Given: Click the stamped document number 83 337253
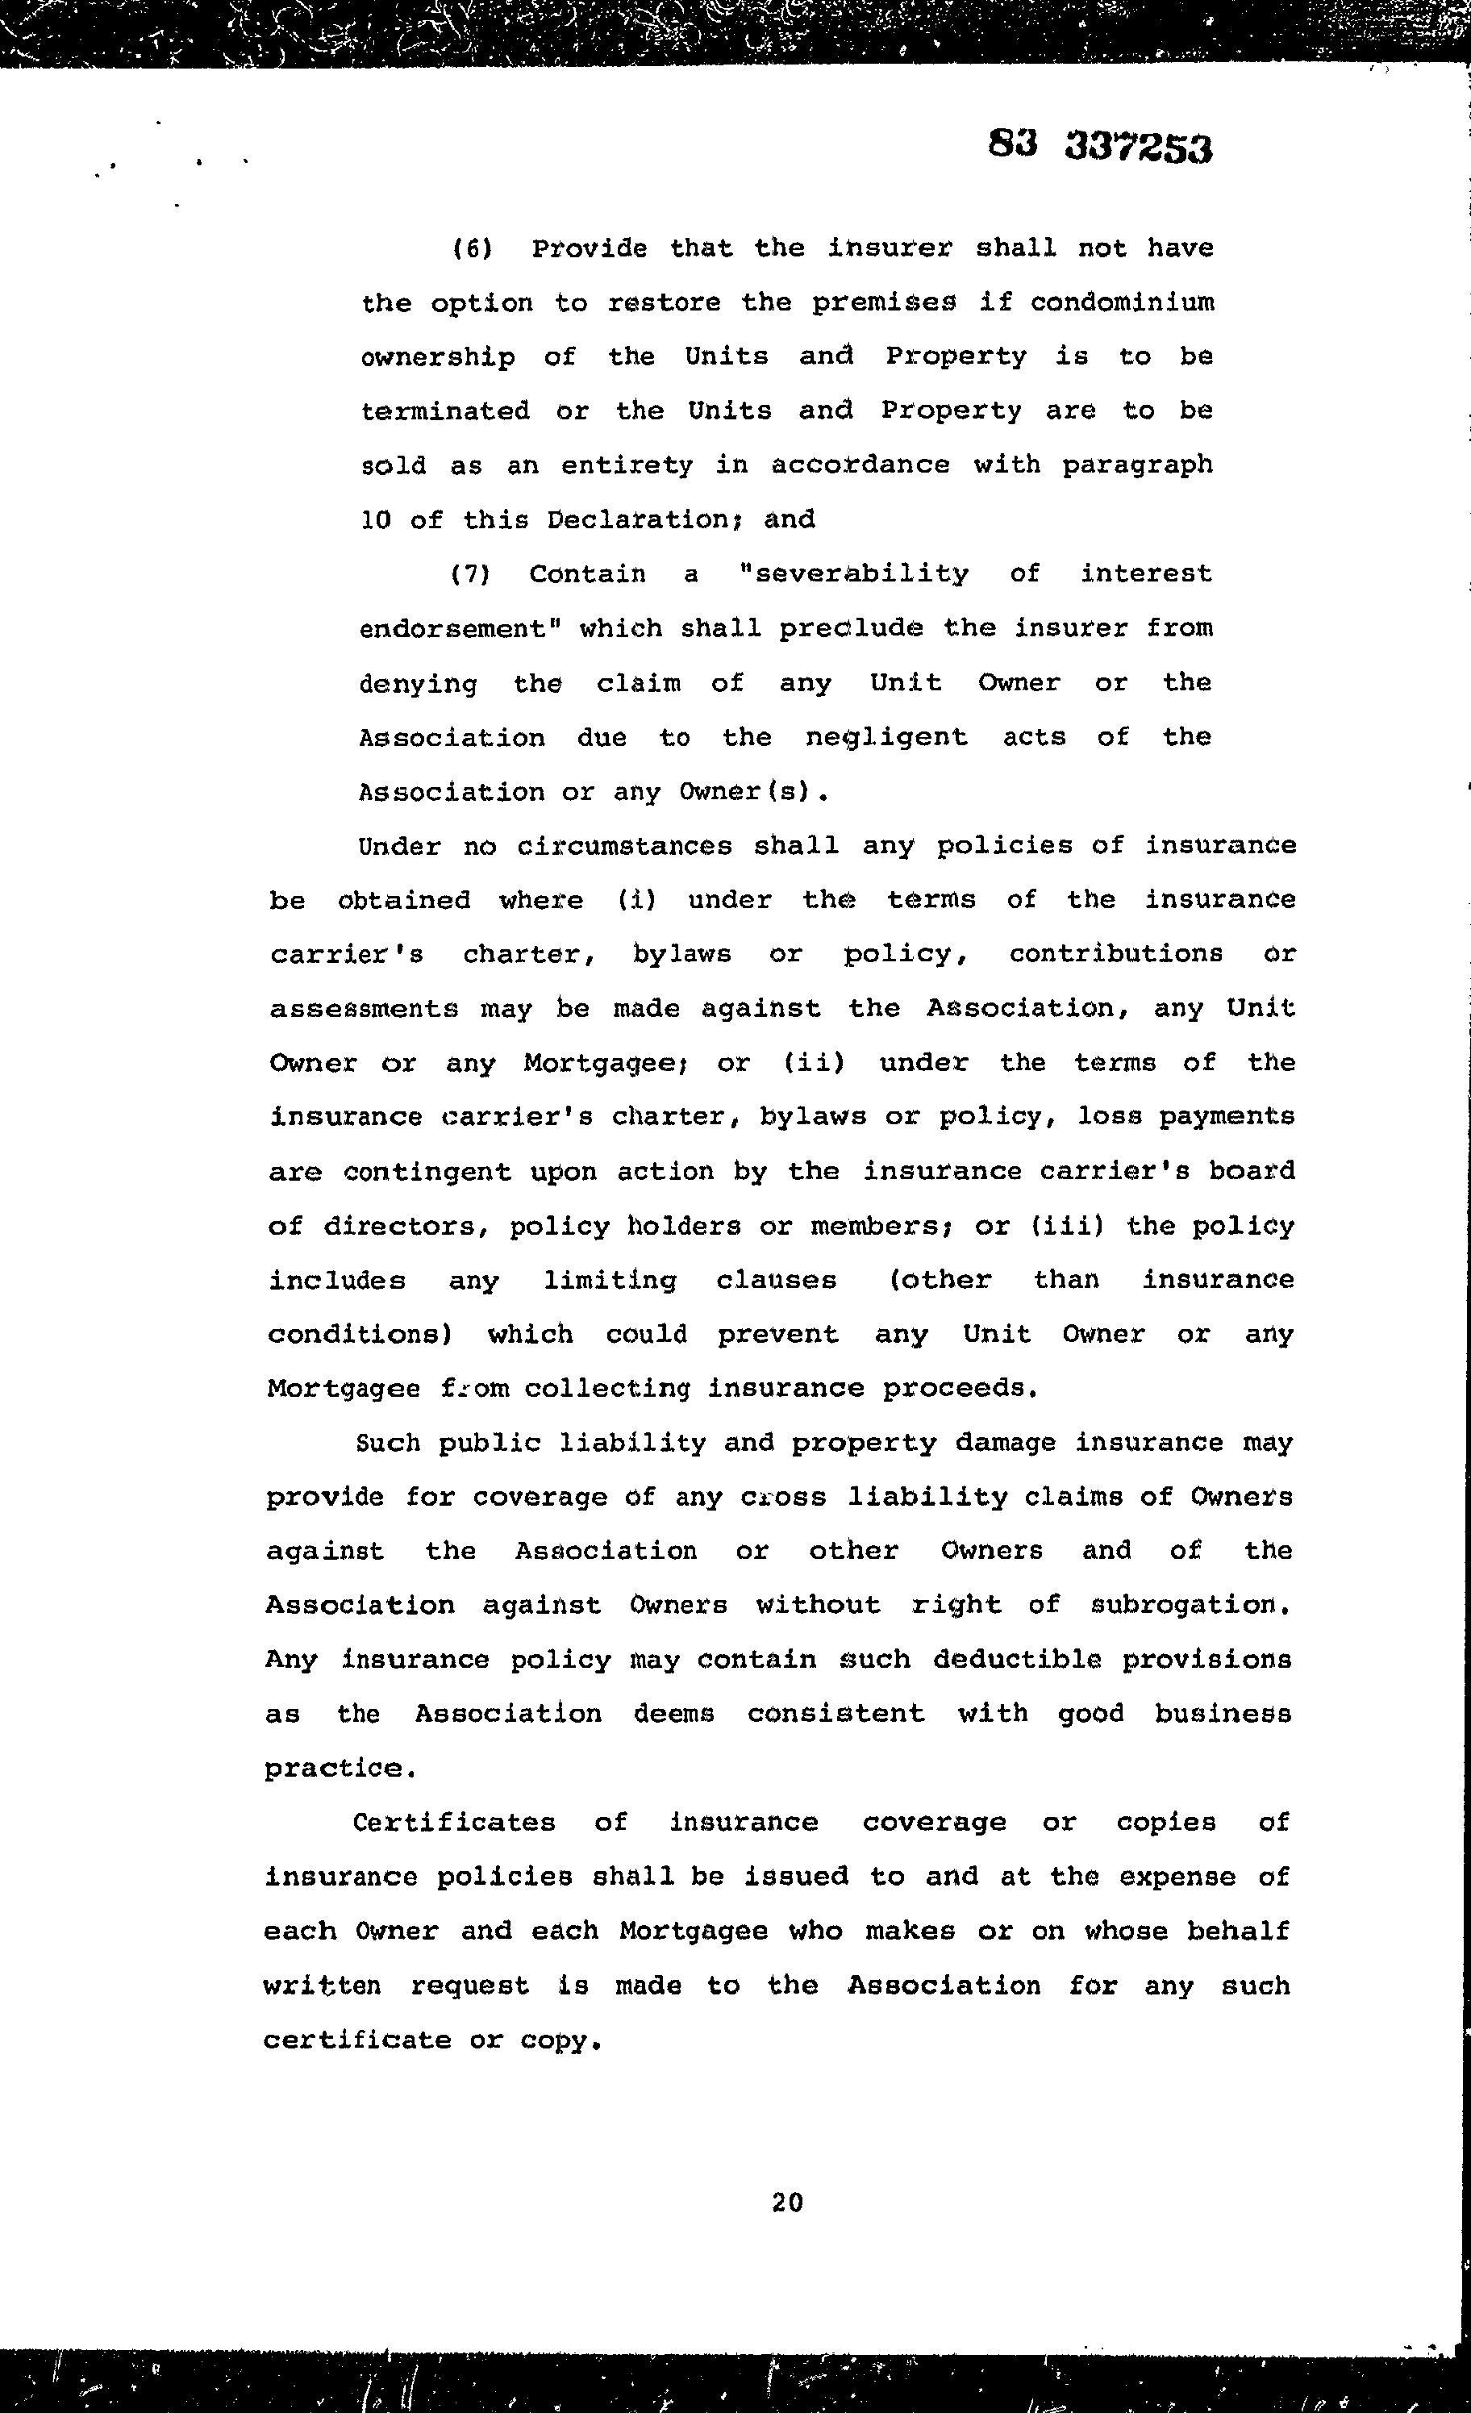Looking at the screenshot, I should [1100, 147].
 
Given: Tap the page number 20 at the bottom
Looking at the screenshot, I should [787, 2203].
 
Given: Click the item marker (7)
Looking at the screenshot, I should [470, 574].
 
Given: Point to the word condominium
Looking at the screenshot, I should [1121, 302].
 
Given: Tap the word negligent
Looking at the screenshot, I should [886, 737].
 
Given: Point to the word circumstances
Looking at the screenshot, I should [624, 846].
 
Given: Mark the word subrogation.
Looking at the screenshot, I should [1188, 1605].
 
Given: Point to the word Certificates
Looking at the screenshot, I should [453, 1823].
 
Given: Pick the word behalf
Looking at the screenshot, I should [1238, 1932].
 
